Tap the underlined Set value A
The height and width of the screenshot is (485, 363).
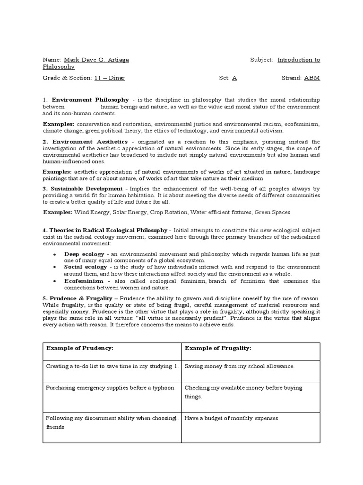click(x=234, y=78)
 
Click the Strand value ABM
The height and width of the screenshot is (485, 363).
click(x=311, y=78)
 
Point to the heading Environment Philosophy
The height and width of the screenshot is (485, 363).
click(x=90, y=100)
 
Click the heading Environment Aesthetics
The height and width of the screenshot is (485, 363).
click(x=90, y=142)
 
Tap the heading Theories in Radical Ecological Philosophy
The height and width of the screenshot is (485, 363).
click(x=109, y=230)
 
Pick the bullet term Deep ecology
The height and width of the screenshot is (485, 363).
click(x=84, y=254)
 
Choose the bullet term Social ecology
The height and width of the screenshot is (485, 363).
click(x=85, y=267)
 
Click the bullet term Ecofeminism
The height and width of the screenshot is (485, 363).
click(x=84, y=281)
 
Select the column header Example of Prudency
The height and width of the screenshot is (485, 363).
click(x=80, y=348)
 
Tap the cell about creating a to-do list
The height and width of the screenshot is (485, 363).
click(x=112, y=366)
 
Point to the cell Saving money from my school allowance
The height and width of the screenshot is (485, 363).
click(x=239, y=366)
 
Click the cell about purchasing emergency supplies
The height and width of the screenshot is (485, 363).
click(x=110, y=387)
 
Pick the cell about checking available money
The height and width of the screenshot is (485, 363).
click(x=243, y=392)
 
